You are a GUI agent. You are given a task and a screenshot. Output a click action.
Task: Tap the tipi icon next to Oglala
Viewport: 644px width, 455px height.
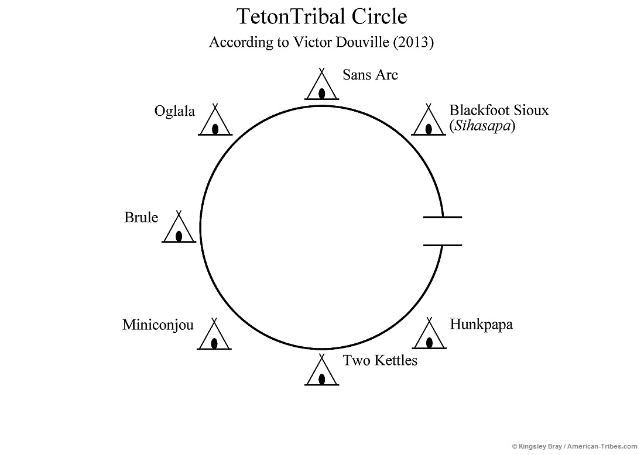[215, 122]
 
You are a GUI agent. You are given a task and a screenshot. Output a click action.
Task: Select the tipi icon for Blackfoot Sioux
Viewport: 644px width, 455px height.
[429, 122]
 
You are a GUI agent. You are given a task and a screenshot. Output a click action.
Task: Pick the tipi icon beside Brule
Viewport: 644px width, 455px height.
[179, 229]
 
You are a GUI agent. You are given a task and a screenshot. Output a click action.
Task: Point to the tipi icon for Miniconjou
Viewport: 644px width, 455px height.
[215, 336]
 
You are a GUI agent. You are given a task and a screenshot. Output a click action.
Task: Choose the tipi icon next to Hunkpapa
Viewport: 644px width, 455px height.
[429, 335]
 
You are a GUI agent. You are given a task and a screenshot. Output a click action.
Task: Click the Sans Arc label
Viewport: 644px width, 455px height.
[370, 75]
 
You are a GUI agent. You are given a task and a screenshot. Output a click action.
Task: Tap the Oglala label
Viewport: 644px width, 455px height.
[174, 111]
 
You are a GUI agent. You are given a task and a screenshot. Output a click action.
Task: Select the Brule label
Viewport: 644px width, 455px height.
[141, 218]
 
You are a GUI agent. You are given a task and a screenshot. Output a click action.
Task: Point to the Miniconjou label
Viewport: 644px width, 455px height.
[158, 325]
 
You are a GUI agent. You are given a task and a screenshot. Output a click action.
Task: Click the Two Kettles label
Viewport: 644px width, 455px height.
[380, 360]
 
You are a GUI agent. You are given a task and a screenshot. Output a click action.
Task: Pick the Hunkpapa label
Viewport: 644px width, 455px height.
[481, 325]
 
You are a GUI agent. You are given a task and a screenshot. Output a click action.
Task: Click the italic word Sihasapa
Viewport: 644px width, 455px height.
[482, 126]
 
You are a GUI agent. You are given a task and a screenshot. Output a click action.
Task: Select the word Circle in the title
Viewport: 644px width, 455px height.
[379, 17]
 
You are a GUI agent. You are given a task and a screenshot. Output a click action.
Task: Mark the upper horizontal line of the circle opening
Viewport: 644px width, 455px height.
[443, 217]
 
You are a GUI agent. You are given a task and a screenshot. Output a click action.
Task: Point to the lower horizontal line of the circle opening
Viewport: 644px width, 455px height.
[443, 245]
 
